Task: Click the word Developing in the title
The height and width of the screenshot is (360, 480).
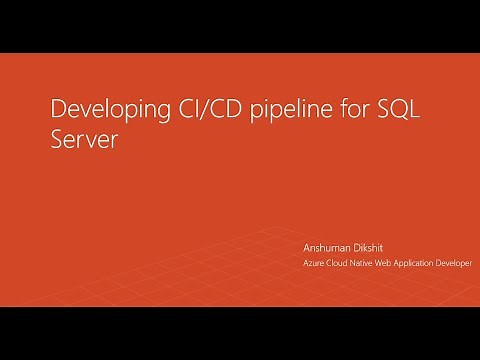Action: tap(100, 109)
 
